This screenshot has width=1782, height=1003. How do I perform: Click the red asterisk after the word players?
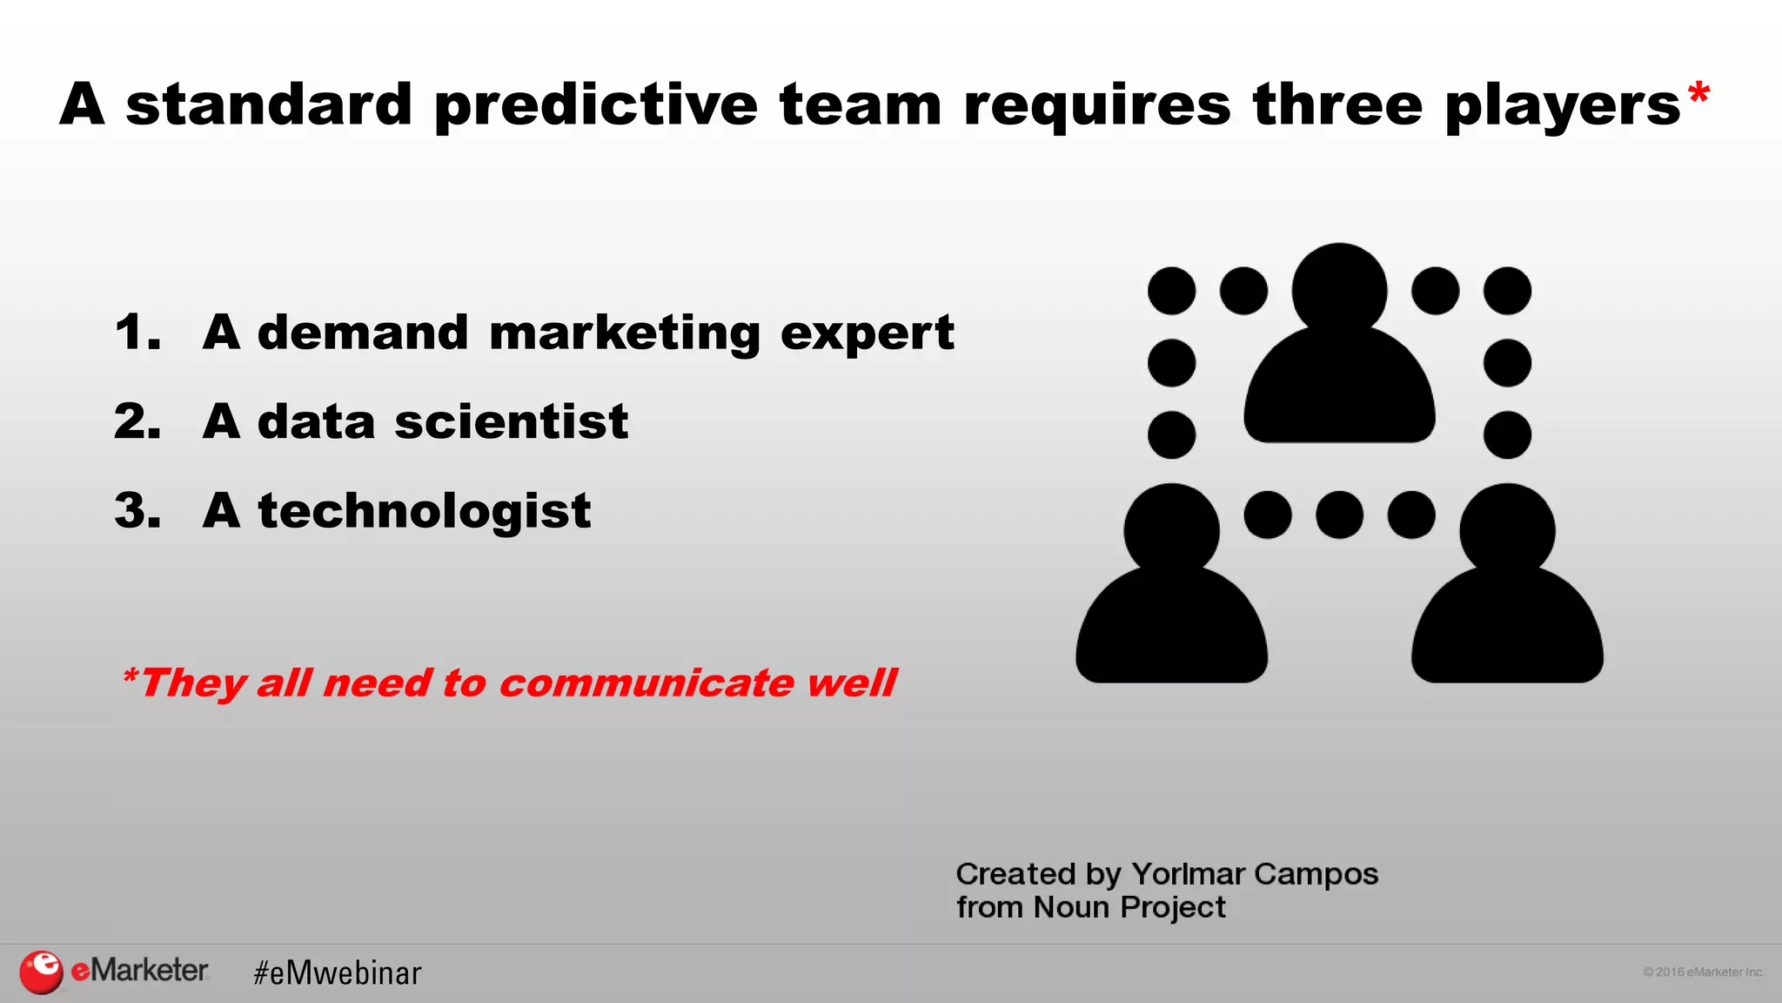pos(1698,93)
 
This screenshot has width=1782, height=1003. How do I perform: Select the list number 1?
pos(137,333)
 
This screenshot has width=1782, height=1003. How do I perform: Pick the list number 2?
pos(137,421)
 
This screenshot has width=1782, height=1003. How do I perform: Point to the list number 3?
pos(137,510)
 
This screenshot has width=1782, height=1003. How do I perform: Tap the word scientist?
pos(511,421)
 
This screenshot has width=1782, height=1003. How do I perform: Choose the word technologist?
pos(424,510)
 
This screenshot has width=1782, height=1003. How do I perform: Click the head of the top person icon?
pos(1339,289)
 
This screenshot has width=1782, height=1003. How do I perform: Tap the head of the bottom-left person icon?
pos(1171,529)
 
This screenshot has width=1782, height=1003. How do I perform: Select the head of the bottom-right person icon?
pos(1507,529)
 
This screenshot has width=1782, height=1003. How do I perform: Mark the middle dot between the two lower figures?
pos(1339,515)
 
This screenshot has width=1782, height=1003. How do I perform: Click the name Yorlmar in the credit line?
pos(1188,873)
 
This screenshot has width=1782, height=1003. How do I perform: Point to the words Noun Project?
pos(1129,907)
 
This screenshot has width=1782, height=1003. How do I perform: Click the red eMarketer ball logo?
pos(41,972)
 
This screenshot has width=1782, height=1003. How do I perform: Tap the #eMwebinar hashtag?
pos(337,973)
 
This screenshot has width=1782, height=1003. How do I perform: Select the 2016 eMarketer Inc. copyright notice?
pos(1703,972)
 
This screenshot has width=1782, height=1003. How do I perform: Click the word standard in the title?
pos(268,104)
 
